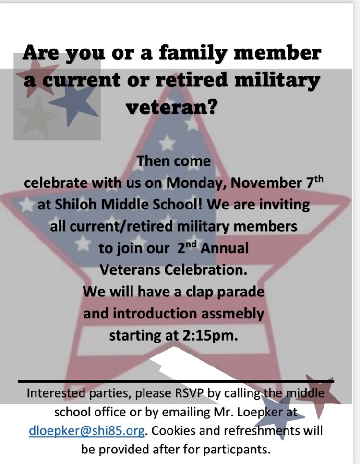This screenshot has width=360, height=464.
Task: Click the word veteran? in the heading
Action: click(171, 107)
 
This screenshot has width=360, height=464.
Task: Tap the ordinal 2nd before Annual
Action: click(187, 248)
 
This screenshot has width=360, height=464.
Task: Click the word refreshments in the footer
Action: click(255, 431)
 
